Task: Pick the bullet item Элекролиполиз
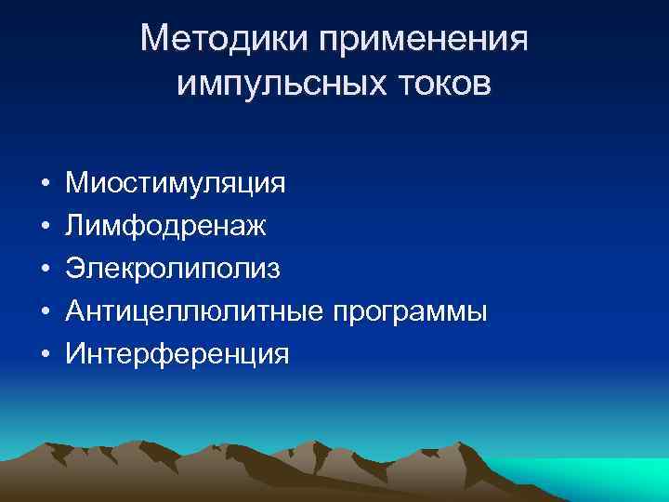pyautogui.click(x=173, y=269)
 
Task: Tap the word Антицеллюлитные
pyautogui.click(x=195, y=311)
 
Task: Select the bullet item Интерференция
pyautogui.click(x=177, y=354)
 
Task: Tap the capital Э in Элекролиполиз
pyautogui.click(x=76, y=269)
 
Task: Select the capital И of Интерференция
pyautogui.click(x=77, y=354)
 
